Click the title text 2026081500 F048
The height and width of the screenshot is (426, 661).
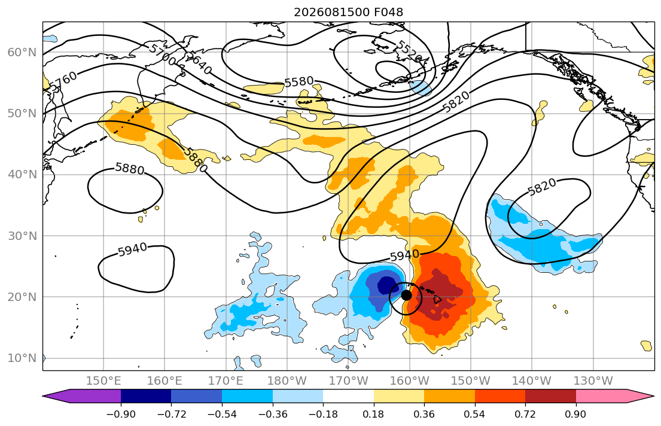[348, 12]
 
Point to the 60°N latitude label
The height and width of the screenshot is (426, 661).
[22, 52]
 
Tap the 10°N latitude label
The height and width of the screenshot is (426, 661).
[22, 358]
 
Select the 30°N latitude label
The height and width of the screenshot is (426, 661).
[22, 236]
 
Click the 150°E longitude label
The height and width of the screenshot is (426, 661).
[103, 381]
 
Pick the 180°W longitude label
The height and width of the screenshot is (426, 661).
[287, 381]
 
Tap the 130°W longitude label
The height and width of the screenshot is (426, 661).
[593, 381]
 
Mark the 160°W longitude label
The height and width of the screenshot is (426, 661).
[409, 381]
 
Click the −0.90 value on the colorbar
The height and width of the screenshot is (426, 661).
[121, 414]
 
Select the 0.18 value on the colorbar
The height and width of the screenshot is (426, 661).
[373, 414]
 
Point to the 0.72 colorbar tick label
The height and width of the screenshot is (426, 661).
[525, 414]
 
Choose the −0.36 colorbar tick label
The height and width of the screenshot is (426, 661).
[272, 414]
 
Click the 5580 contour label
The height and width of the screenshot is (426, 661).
[299, 81]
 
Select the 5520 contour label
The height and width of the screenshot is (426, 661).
[408, 51]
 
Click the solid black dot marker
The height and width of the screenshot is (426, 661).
[406, 295]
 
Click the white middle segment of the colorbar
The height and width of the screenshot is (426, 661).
[348, 396]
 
